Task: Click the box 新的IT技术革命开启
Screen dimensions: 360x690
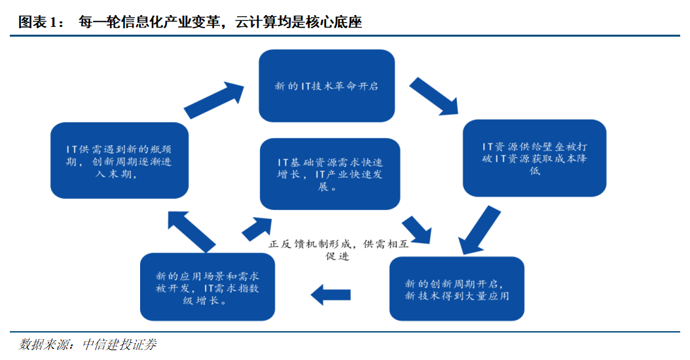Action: pyautogui.click(x=327, y=86)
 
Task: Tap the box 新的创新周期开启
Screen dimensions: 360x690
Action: pyautogui.click(x=456, y=289)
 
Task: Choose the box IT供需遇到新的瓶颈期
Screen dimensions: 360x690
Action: pyautogui.click(x=119, y=160)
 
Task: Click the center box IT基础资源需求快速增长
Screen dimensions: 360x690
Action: pyautogui.click(x=330, y=173)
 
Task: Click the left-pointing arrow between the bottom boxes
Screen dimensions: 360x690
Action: pyautogui.click(x=331, y=295)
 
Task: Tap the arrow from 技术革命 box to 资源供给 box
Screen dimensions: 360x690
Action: pyautogui.click(x=434, y=96)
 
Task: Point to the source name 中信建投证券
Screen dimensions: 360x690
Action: pyautogui.click(x=120, y=344)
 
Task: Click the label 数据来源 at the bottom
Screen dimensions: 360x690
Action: pyautogui.click(x=45, y=344)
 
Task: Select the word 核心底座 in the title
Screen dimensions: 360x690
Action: pyautogui.click(x=335, y=23)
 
